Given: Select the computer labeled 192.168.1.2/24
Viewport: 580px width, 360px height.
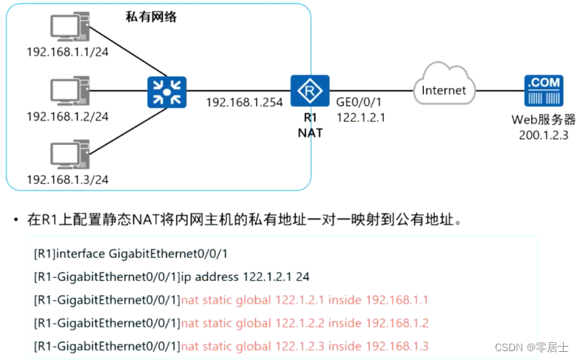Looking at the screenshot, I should point(69,91).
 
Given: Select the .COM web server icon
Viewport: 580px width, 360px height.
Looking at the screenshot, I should point(543,92).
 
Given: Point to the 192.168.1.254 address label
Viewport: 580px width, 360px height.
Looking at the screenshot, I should point(244,103).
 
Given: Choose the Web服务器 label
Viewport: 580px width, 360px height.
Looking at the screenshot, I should point(543,119).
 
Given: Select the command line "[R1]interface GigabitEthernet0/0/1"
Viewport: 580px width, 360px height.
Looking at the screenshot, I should point(130,254).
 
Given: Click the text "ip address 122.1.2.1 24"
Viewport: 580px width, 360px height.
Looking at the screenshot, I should point(245,276).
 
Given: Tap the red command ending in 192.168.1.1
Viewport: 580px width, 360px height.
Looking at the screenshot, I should point(305,299).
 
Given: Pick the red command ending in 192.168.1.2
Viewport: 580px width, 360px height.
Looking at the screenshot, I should point(305,323).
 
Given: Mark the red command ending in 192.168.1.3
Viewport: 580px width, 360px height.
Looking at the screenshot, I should point(305,346).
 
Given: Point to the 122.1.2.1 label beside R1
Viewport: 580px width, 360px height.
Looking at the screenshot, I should point(361,117).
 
